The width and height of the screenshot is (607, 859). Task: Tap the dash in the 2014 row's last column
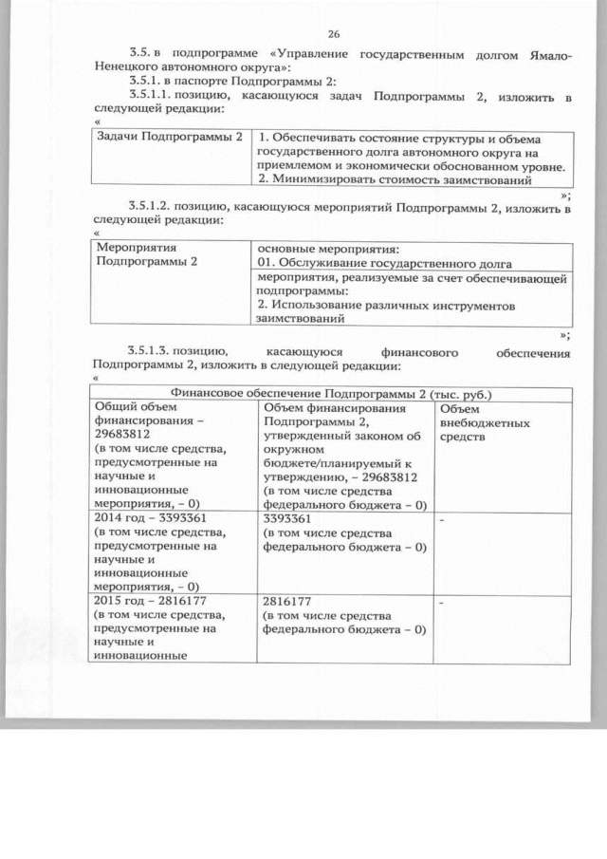pyautogui.click(x=442, y=521)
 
